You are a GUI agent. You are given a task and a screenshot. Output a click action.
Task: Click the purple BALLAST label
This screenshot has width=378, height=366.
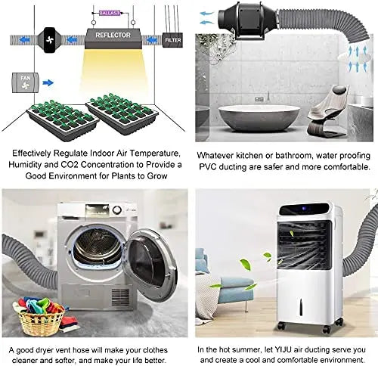click(x=110, y=13)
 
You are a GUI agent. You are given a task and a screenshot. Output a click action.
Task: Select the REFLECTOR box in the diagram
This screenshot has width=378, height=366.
click(x=113, y=39)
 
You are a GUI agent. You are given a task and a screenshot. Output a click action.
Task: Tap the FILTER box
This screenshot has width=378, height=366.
click(x=172, y=40)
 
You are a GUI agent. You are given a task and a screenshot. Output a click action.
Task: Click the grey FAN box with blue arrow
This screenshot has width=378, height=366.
click(x=26, y=82)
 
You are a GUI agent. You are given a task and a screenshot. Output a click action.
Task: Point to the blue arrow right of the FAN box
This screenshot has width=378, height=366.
click(x=48, y=82)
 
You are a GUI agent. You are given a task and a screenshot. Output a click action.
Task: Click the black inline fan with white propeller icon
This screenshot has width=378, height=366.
click(x=49, y=40)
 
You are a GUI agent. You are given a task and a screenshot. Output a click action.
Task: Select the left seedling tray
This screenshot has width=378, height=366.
click(x=63, y=120)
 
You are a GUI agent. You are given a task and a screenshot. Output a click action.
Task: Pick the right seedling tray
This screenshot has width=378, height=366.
click(x=122, y=113)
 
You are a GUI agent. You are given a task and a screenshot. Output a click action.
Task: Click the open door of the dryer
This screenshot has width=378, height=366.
click(x=150, y=264)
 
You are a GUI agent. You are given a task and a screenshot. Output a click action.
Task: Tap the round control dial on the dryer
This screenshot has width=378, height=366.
click(x=116, y=210)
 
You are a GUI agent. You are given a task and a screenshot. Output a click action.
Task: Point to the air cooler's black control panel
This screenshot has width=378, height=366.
click(x=304, y=209)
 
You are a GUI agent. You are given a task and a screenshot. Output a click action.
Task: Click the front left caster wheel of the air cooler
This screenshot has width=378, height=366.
click(x=280, y=326)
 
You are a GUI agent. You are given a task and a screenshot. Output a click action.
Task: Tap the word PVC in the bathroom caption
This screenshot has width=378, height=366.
click(x=208, y=166)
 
